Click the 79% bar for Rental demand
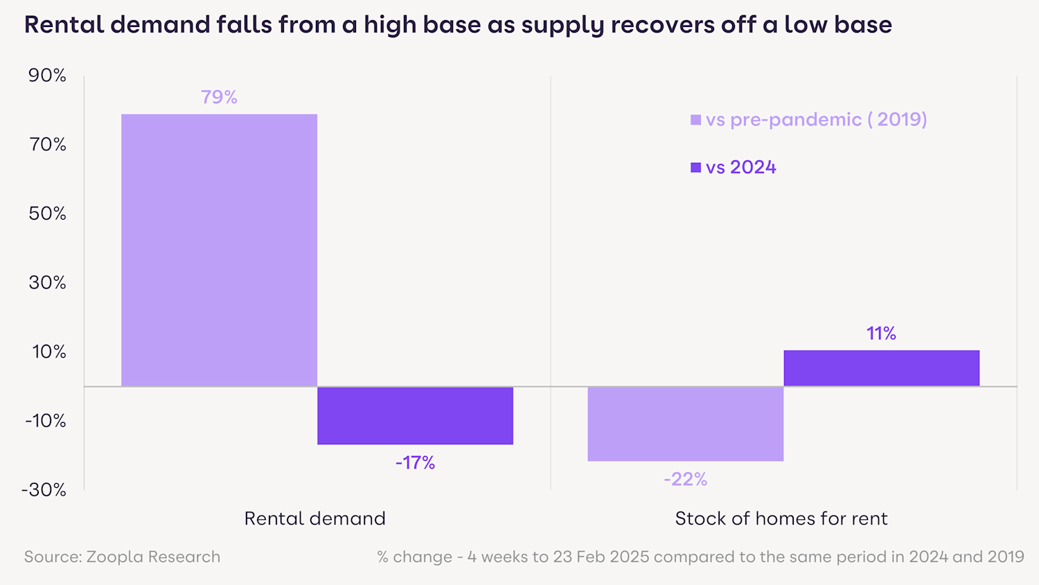pyautogui.click(x=219, y=250)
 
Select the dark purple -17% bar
pyautogui.click(x=415, y=415)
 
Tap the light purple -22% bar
pyautogui.click(x=685, y=424)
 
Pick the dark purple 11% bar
pyautogui.click(x=881, y=368)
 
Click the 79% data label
pyautogui.click(x=219, y=97)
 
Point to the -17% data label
pyautogui.click(x=415, y=462)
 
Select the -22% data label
pyautogui.click(x=685, y=479)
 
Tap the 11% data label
pyautogui.click(x=881, y=333)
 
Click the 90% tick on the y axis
pyautogui.click(x=47, y=76)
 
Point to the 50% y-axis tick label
pyautogui.click(x=47, y=213)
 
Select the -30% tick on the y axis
pyautogui.click(x=44, y=490)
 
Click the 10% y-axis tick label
pyautogui.click(x=48, y=351)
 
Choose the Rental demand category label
pyautogui.click(x=314, y=518)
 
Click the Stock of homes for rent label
pyautogui.click(x=781, y=518)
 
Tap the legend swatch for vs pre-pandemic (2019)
pyautogui.click(x=695, y=120)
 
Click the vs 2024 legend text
pyautogui.click(x=740, y=167)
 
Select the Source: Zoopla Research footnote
pyautogui.click(x=122, y=557)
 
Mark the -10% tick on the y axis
pyautogui.click(x=45, y=421)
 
